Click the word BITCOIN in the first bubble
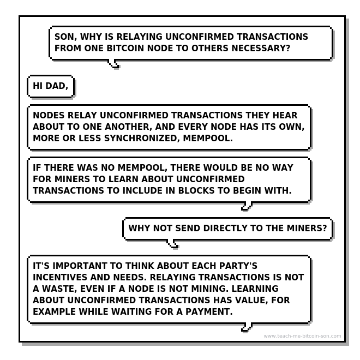(125, 48)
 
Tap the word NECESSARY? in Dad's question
(261, 48)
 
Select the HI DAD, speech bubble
(51, 86)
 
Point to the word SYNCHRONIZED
(142, 138)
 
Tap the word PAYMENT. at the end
(209, 312)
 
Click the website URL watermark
(302, 336)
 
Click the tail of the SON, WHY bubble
(114, 64)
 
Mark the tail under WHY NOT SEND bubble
(173, 244)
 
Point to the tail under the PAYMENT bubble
(247, 327)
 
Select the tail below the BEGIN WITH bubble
(247, 206)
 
